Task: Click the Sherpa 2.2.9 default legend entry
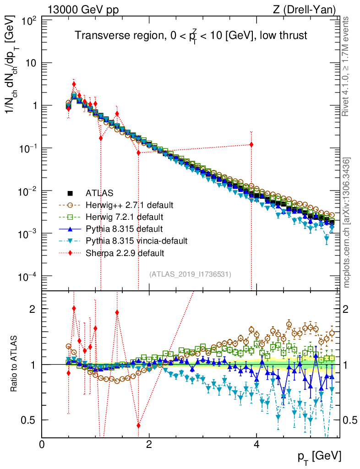click(118, 252)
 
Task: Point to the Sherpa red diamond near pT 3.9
click(251, 145)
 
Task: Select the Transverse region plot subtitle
click(191, 36)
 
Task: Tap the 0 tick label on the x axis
click(42, 444)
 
